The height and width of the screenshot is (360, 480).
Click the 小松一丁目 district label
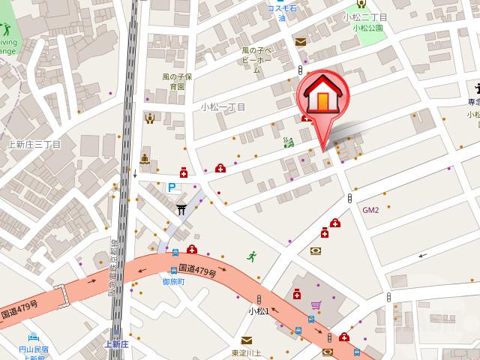[x=223, y=107]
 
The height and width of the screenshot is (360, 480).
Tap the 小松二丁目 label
[x=364, y=16]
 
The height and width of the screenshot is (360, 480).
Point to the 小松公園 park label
[x=367, y=28]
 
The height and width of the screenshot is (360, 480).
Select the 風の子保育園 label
[x=177, y=81]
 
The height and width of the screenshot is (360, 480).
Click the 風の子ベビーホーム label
[x=256, y=60]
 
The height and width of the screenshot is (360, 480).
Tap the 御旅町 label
[x=174, y=281]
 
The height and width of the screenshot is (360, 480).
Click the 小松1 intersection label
[x=259, y=310]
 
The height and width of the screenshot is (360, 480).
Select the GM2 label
[x=370, y=210]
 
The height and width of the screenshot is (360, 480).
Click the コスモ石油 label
[x=282, y=12]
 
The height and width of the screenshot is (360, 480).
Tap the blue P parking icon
[x=172, y=188]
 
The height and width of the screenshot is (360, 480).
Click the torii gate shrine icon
[x=181, y=208]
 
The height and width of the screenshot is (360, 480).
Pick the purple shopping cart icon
[x=316, y=305]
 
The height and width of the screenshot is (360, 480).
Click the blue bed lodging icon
[x=33, y=337]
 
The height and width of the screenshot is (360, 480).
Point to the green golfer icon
[x=6, y=31]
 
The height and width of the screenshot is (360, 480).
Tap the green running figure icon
[x=251, y=256]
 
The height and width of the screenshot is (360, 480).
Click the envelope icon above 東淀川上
[x=246, y=340]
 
